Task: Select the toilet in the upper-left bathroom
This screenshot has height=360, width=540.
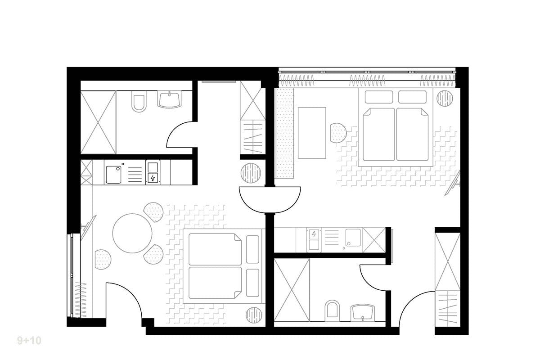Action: (x=138, y=103)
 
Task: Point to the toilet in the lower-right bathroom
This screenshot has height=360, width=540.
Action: (x=333, y=310)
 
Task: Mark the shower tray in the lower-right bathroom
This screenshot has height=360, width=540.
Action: (x=292, y=290)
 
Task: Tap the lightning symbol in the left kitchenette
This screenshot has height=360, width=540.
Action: (x=153, y=178)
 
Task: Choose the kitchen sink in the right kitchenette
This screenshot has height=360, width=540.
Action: (x=352, y=238)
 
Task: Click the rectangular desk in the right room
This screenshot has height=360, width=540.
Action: (x=312, y=133)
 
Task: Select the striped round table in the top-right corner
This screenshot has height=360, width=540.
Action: (x=445, y=99)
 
